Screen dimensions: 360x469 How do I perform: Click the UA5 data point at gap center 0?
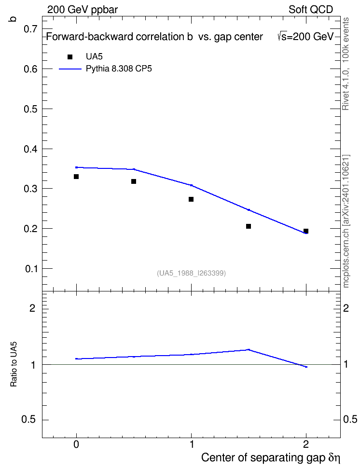point(76,177)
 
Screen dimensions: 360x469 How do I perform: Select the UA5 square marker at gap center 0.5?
point(134,181)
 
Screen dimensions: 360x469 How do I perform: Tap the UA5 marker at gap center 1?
point(191,199)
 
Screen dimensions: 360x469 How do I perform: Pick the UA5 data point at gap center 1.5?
point(249,226)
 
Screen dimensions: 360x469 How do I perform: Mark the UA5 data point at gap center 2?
point(306,231)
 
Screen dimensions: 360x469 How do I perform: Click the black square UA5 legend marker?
point(70,57)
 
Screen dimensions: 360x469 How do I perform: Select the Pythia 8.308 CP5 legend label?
point(119,69)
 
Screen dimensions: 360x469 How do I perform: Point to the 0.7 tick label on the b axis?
point(30,29)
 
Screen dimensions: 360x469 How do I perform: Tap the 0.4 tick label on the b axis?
point(30,149)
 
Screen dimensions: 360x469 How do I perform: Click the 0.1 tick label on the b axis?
point(31,269)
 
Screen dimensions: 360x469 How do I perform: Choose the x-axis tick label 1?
point(192,444)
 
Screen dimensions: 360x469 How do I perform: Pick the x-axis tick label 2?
point(306,444)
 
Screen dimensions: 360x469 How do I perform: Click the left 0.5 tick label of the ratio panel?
point(28,420)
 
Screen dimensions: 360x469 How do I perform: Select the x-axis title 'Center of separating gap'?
point(263,457)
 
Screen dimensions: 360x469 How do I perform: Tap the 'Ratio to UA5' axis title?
point(14,364)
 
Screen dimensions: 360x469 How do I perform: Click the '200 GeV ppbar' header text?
point(83,10)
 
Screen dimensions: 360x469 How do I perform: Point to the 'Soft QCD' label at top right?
point(311,10)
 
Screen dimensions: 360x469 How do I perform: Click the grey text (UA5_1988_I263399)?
point(191,273)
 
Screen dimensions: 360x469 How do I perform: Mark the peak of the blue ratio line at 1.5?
point(249,349)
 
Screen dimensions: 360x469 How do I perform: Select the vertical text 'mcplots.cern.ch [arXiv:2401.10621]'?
point(346,221)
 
